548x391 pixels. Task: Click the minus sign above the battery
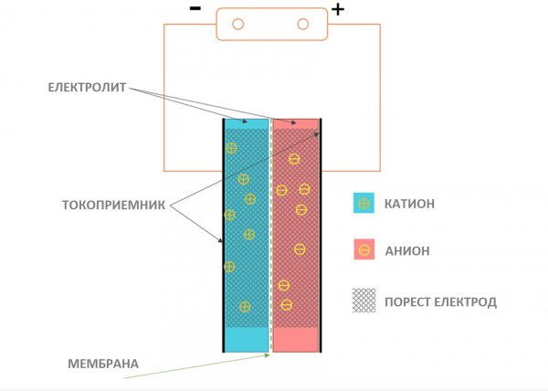pyautogui.click(x=195, y=8)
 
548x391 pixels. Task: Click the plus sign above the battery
pyautogui.click(x=338, y=10)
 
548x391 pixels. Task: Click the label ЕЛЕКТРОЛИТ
pyautogui.click(x=90, y=88)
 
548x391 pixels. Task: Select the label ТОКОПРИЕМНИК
pyautogui.click(x=112, y=206)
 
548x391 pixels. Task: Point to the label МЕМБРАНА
pyautogui.click(x=103, y=364)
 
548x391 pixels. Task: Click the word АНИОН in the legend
pyautogui.click(x=408, y=250)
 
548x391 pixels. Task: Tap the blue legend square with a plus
pyautogui.click(x=364, y=204)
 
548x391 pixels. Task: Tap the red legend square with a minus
pyautogui.click(x=364, y=250)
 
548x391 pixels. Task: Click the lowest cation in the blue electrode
pyautogui.click(x=244, y=306)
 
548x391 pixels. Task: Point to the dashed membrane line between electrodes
pyautogui.click(x=271, y=238)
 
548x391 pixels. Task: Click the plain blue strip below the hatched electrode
pyautogui.click(x=247, y=339)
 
